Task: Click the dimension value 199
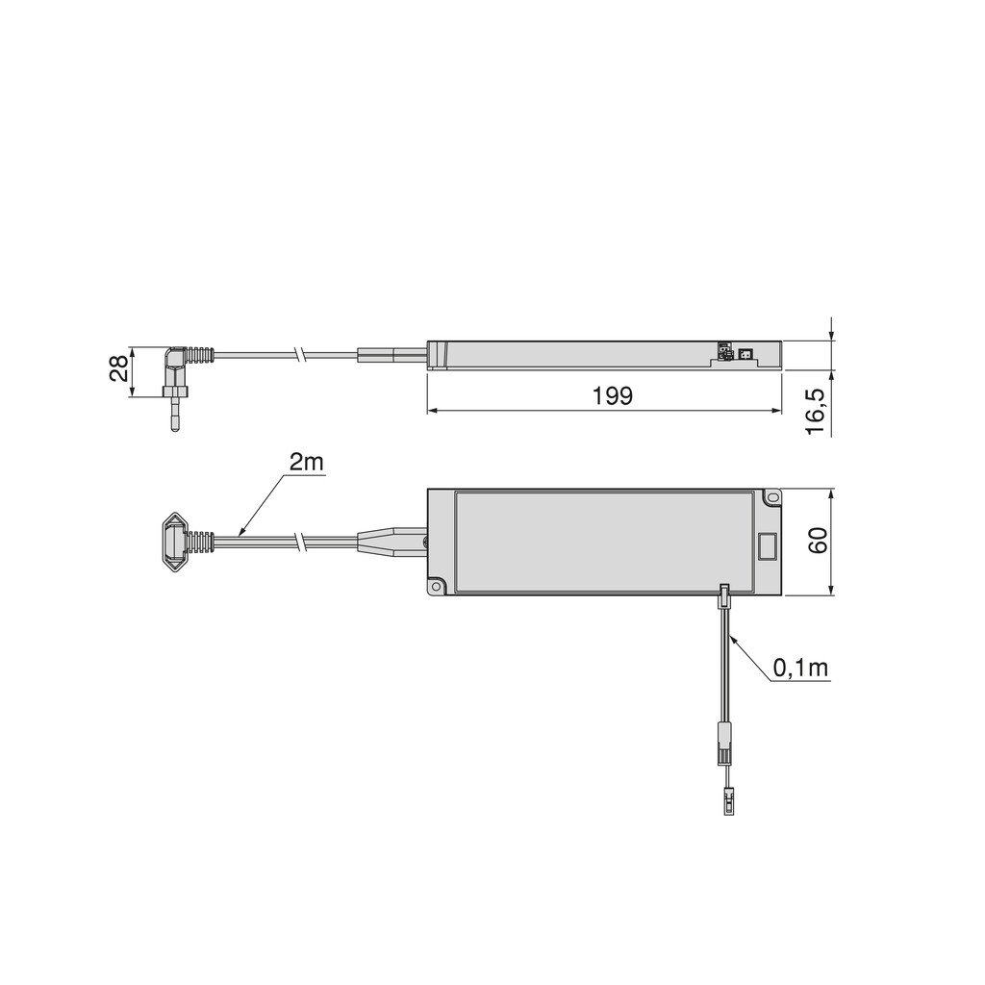pos(613,395)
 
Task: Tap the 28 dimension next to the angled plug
pos(118,368)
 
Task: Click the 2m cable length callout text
pos(307,463)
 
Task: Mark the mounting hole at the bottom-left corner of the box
pos(437,586)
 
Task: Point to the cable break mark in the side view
pos(303,356)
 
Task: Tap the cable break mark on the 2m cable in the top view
pos(303,542)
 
